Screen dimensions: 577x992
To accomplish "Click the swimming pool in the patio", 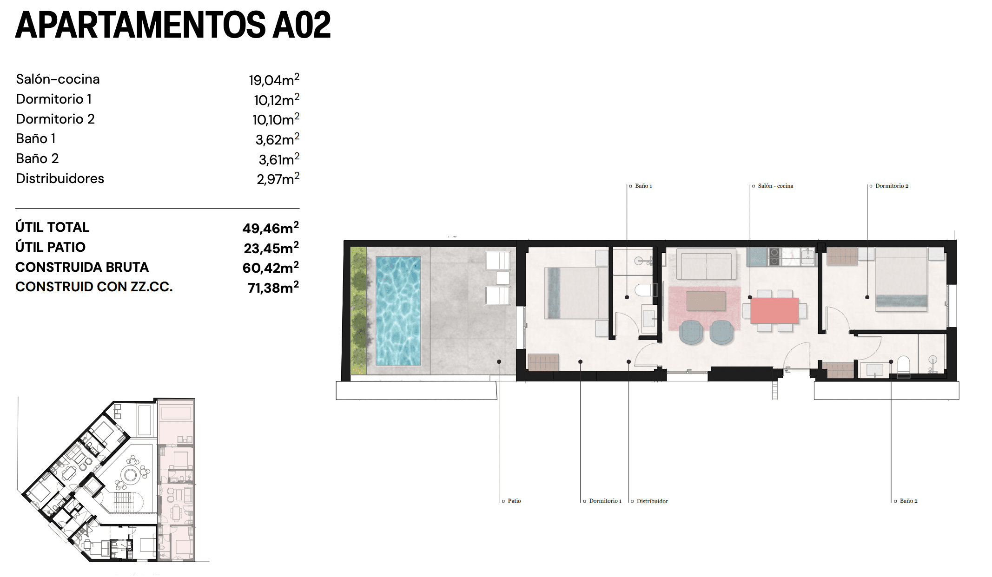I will point(398,310).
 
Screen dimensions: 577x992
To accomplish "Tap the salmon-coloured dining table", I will point(774,310).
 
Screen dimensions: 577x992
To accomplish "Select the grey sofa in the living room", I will point(706,264).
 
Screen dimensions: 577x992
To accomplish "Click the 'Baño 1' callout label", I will point(643,186).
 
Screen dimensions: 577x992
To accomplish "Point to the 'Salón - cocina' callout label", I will point(775,186).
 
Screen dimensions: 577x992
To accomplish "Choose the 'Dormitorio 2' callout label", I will point(892,186).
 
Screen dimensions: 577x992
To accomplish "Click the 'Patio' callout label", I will point(514,501).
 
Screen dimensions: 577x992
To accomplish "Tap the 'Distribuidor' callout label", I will point(652,501).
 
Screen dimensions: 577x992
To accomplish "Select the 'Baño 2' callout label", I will point(908,501).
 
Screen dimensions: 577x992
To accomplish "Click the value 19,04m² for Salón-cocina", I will point(274,80).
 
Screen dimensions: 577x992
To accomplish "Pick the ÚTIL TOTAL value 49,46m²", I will point(271,228).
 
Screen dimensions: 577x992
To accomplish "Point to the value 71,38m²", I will point(273,288).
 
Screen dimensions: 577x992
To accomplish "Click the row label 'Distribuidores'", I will point(60,178).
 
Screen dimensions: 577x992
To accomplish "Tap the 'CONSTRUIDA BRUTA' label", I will point(82,267).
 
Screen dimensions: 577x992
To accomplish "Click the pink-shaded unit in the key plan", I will point(176,479).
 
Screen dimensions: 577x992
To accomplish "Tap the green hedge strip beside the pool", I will point(358,310).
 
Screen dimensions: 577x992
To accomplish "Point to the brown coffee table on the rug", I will point(706,301).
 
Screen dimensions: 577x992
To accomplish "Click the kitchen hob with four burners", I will point(774,257).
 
